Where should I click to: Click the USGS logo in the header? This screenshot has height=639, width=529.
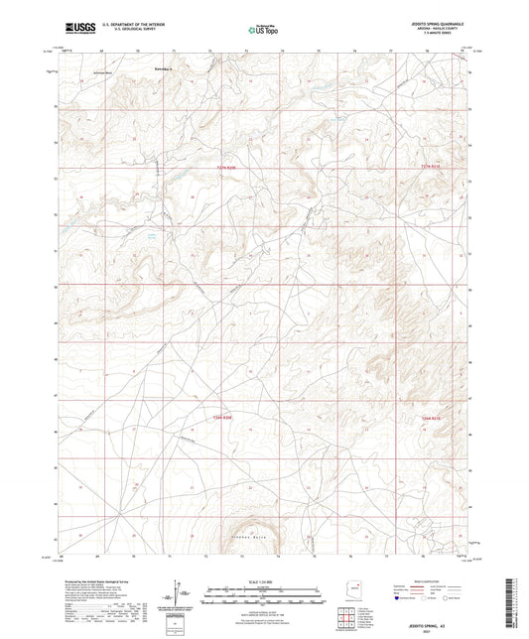tap(73, 31)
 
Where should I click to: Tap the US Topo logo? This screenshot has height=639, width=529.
tap(263, 31)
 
